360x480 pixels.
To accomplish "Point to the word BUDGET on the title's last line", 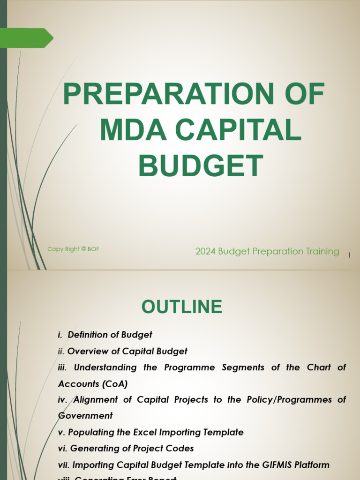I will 201,166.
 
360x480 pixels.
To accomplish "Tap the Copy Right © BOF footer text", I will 73,249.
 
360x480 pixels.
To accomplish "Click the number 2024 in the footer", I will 205,252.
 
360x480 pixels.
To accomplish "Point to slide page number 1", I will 349,255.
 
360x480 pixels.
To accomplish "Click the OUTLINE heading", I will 182,307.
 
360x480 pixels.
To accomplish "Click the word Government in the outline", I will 85,416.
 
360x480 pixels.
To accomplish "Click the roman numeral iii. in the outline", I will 63,367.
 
